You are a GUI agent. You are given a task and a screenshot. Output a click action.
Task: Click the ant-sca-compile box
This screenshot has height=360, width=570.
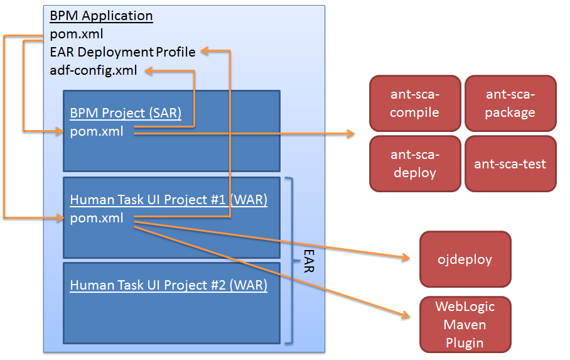tap(415, 104)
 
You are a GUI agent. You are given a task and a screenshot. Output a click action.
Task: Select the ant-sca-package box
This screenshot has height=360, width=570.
tap(510, 104)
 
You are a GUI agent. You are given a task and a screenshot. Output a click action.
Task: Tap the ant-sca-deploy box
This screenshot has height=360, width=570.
tap(415, 163)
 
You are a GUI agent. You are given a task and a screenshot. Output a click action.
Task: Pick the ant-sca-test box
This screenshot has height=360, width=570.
tap(510, 164)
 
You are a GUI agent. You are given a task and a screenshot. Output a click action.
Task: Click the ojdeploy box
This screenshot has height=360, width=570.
tap(465, 259)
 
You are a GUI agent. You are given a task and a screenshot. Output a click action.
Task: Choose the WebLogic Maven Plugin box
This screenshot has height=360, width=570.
tap(465, 324)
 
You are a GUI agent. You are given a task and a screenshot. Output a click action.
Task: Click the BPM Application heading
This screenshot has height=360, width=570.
tap(101, 16)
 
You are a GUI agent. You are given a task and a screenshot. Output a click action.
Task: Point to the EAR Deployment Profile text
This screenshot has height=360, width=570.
tap(122, 52)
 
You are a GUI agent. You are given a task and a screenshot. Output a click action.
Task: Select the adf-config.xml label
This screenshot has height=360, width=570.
tap(93, 70)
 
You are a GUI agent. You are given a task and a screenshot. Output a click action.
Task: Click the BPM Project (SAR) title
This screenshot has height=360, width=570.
tap(126, 114)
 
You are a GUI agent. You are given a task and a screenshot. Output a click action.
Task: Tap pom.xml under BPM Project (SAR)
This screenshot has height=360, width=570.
tap(97, 131)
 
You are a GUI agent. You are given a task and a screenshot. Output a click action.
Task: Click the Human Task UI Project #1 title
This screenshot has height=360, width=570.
tap(169, 200)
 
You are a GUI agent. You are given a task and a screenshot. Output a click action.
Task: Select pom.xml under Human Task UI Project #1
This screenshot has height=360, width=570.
tap(97, 218)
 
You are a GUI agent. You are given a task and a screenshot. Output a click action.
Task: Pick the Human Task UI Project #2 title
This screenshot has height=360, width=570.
tap(169, 285)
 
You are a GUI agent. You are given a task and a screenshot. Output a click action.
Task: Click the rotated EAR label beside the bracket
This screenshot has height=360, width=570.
tap(308, 259)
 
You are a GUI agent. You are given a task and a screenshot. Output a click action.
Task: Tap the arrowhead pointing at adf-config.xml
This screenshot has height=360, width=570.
tap(149, 71)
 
